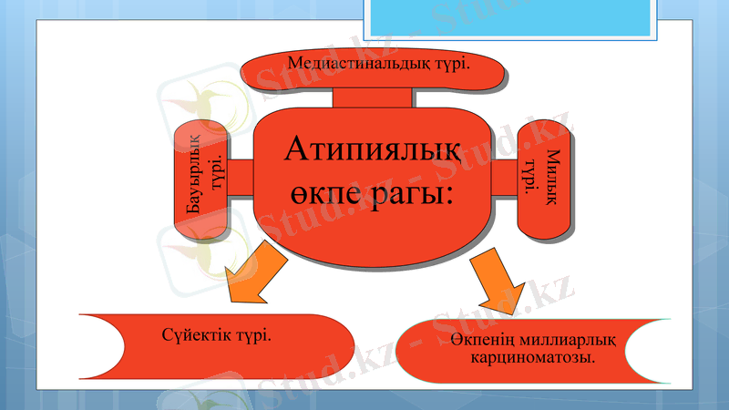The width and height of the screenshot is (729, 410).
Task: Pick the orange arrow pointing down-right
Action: point(495,282)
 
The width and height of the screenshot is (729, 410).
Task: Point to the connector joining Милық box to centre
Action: point(504,176)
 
